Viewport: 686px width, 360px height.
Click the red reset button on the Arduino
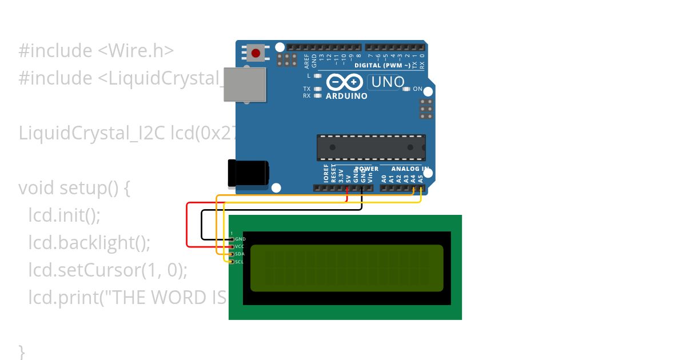256,53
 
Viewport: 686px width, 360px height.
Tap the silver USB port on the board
245,85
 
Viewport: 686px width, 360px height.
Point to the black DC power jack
248,174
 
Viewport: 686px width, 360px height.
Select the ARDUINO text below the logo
346,96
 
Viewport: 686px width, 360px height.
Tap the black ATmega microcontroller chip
371,147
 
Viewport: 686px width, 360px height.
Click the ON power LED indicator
407,89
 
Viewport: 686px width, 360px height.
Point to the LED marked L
317,75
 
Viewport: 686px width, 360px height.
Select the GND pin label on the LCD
240,239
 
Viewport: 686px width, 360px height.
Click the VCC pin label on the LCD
240,246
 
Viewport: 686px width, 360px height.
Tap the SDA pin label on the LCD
240,254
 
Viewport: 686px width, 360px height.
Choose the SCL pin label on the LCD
240,262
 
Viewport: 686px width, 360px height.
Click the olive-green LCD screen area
346,268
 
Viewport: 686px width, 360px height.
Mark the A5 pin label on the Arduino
421,178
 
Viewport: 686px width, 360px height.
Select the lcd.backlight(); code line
89,243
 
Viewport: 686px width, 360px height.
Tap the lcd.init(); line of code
64,215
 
